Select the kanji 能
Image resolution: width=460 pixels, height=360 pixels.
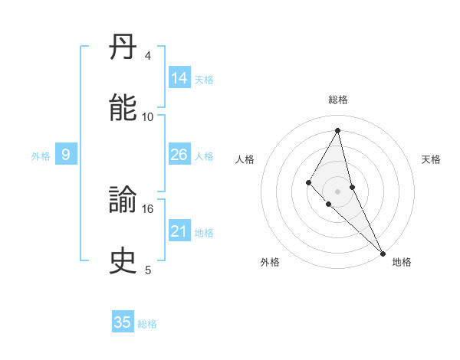point(123,108)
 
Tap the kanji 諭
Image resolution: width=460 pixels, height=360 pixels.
point(123,201)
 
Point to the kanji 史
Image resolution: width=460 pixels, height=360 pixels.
point(123,261)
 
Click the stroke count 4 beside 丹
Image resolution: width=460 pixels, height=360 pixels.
point(148,55)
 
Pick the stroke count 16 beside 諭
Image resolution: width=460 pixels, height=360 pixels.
point(148,208)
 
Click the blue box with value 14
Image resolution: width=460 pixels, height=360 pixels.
point(179,78)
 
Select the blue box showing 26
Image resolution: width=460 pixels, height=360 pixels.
point(179,155)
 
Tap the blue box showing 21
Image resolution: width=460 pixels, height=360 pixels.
point(179,231)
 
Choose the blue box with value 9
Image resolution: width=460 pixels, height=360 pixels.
point(66,155)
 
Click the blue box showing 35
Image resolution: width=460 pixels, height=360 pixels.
point(123,322)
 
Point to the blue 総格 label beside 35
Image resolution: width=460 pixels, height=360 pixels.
point(147,324)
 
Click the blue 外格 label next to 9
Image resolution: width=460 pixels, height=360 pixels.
point(41,156)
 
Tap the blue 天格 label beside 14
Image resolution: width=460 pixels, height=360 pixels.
point(204,80)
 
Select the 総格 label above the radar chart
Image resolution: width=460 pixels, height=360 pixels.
point(337,100)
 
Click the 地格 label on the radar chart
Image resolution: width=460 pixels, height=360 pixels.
point(402,263)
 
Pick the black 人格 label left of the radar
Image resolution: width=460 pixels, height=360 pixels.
point(245,159)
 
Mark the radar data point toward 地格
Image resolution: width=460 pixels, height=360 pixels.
point(383,253)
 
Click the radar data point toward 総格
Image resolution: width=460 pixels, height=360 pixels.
point(337,130)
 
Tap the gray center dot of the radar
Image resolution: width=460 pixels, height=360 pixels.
point(337,191)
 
